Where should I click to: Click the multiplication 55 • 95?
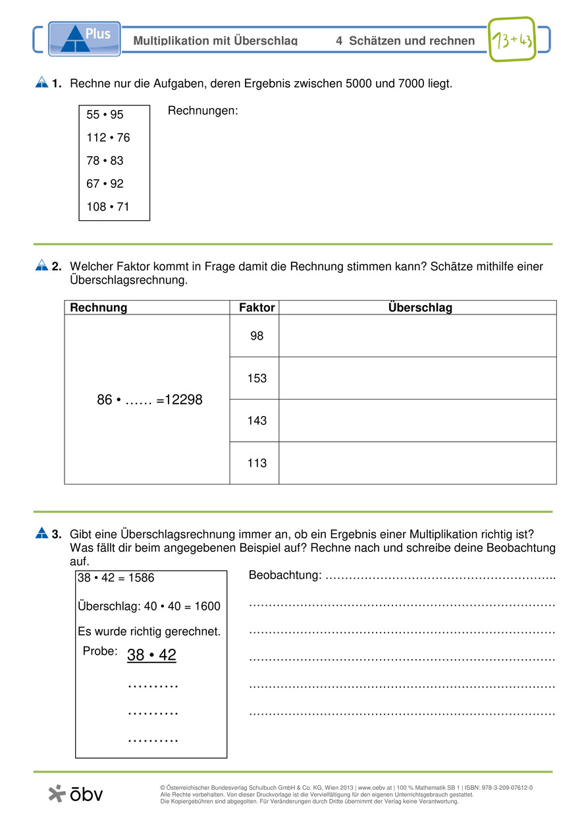click(x=105, y=115)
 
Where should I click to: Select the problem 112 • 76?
click(x=108, y=138)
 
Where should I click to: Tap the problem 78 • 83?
click(x=105, y=161)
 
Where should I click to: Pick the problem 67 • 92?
click(x=105, y=184)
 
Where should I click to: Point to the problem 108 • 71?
click(x=108, y=207)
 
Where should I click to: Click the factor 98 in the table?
click(x=257, y=336)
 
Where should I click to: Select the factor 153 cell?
click(x=257, y=378)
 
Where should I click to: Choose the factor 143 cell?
click(x=257, y=421)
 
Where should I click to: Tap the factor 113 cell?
click(x=257, y=463)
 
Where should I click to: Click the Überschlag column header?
click(x=419, y=308)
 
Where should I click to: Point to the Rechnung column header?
click(x=99, y=308)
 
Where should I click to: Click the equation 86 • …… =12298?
click(x=149, y=400)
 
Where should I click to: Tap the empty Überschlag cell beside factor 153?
click(x=417, y=378)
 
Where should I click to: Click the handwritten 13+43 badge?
click(x=511, y=40)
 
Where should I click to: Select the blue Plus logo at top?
click(x=84, y=38)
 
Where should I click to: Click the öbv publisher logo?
click(x=76, y=794)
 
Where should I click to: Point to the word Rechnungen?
click(x=203, y=111)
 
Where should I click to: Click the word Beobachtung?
click(x=285, y=576)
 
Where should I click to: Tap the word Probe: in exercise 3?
click(x=100, y=651)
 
